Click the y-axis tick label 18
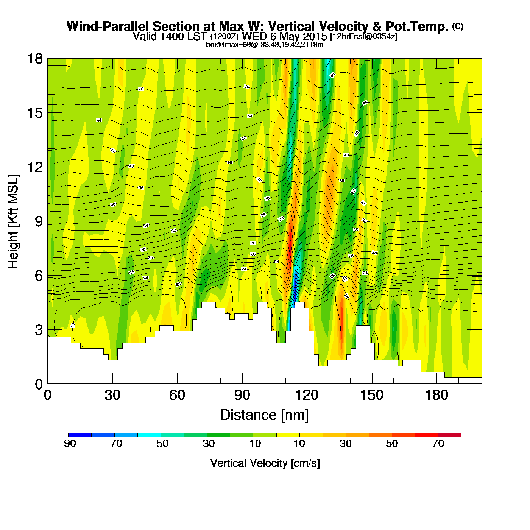(34, 59)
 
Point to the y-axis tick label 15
(34, 113)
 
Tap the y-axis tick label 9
(39, 221)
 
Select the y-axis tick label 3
(39, 330)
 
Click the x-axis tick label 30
(112, 395)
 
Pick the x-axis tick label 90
(242, 395)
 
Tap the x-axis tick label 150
(372, 395)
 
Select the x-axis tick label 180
(436, 395)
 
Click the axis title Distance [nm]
(265, 415)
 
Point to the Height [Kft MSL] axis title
(13, 221)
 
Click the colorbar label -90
(68, 444)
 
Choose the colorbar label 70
(438, 444)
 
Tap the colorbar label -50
(161, 444)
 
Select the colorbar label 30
(346, 444)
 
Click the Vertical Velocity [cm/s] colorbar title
(265, 463)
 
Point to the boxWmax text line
(264, 45)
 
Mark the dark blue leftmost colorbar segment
(80, 435)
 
